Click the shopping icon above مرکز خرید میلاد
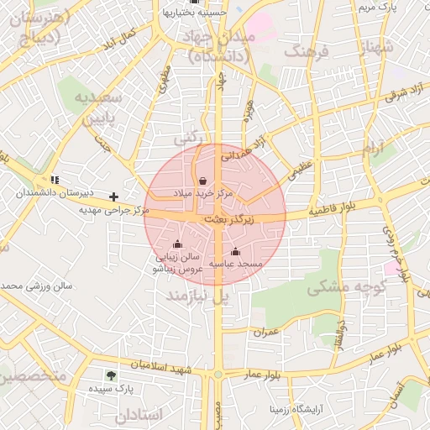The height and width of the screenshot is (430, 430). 203,181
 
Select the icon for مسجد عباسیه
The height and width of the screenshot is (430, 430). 235,251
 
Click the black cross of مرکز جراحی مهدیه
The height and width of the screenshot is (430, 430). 114,197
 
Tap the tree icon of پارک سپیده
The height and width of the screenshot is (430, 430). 112,375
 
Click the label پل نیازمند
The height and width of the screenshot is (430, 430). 197,296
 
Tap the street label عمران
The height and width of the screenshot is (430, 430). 265,332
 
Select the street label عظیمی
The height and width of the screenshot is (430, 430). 300,172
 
